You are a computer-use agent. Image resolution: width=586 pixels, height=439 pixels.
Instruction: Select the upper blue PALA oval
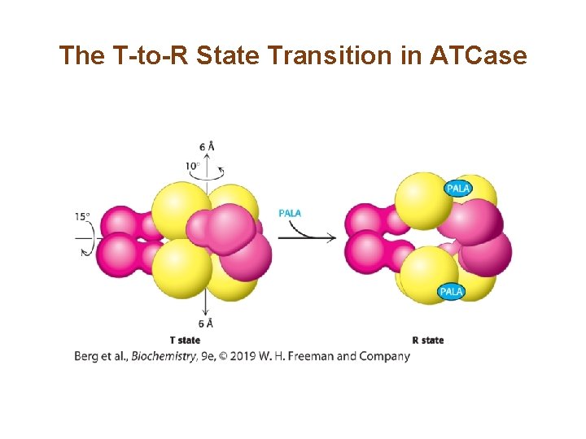pyautogui.click(x=457, y=189)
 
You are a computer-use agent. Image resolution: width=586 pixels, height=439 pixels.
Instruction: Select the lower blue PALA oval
pyautogui.click(x=451, y=291)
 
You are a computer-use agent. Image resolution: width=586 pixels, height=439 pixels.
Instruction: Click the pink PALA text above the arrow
pyautogui.click(x=290, y=213)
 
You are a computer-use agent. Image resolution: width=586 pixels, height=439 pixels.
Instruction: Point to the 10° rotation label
pyautogui.click(x=192, y=166)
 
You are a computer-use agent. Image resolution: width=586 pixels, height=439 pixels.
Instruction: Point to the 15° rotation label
pyautogui.click(x=82, y=217)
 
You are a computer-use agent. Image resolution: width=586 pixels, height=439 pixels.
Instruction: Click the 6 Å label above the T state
pyautogui.click(x=207, y=147)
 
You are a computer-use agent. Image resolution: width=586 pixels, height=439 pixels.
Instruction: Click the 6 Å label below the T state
pyautogui.click(x=207, y=324)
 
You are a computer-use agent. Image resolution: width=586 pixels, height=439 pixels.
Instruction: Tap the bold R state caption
pyautogui.click(x=428, y=340)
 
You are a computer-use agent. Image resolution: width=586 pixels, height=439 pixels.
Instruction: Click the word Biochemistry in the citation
pyautogui.click(x=164, y=356)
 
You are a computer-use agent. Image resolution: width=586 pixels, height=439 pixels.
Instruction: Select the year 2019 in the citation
pyautogui.click(x=245, y=356)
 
